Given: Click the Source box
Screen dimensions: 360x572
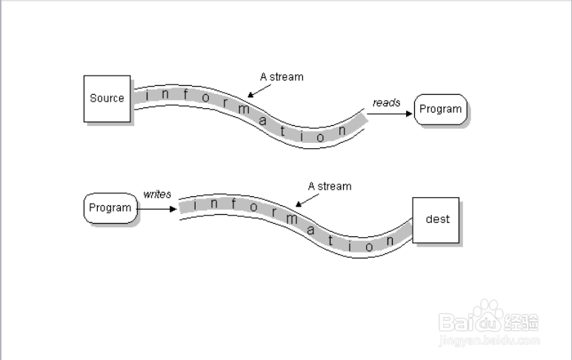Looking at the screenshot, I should click(x=107, y=98).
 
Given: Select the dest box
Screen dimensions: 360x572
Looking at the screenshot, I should click(x=436, y=219).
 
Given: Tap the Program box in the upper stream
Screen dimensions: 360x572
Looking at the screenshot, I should click(x=441, y=110).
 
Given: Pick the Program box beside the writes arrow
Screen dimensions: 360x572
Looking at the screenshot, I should click(x=110, y=208).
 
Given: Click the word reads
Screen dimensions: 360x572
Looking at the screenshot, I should click(x=386, y=103).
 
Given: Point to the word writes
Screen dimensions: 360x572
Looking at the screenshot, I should click(x=157, y=195).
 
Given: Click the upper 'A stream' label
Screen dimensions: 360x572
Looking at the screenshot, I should click(x=282, y=76).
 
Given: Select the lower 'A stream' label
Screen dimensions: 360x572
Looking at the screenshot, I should click(x=330, y=186).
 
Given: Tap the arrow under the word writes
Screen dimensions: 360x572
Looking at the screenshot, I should click(x=157, y=208).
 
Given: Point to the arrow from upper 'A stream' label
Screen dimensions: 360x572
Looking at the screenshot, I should click(x=259, y=90).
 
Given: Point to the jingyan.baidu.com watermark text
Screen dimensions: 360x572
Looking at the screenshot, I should click(x=489, y=341).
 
